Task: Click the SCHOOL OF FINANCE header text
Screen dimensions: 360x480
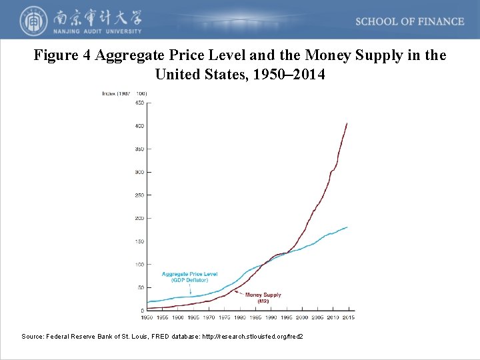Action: [409, 21]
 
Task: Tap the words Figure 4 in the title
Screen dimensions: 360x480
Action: [63, 55]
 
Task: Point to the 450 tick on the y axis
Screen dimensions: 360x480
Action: [140, 103]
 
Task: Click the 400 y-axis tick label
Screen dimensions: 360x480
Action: [140, 126]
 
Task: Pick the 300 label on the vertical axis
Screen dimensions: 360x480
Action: [140, 172]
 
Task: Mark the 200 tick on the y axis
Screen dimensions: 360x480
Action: [140, 218]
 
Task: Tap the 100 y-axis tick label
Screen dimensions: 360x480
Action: [140, 265]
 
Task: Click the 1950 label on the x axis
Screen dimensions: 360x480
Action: [147, 318]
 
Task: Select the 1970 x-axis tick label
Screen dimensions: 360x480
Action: [209, 318]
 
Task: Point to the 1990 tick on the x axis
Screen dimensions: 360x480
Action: [271, 318]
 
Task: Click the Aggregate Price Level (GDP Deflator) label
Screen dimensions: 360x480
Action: [189, 277]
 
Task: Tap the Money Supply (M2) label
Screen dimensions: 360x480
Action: [263, 297]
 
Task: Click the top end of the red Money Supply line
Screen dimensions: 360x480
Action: [347, 123]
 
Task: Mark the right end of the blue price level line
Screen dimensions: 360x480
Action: [347, 227]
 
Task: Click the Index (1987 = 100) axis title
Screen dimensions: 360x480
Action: [125, 93]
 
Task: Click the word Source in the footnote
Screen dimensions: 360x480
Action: [33, 337]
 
